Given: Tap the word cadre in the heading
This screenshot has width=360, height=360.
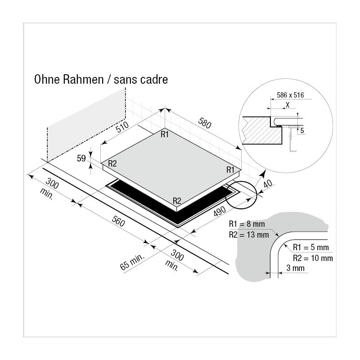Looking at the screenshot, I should [154, 80].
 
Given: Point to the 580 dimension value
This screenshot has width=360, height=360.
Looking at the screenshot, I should [204, 123].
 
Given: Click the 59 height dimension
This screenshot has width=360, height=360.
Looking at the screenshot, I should [81, 158].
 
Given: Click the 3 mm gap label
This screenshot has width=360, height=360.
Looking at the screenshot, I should [296, 268].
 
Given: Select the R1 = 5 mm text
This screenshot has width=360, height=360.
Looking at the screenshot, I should [310, 247].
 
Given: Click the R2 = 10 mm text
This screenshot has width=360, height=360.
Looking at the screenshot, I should [313, 258].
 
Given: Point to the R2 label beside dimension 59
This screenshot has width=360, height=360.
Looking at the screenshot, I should [112, 164].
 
